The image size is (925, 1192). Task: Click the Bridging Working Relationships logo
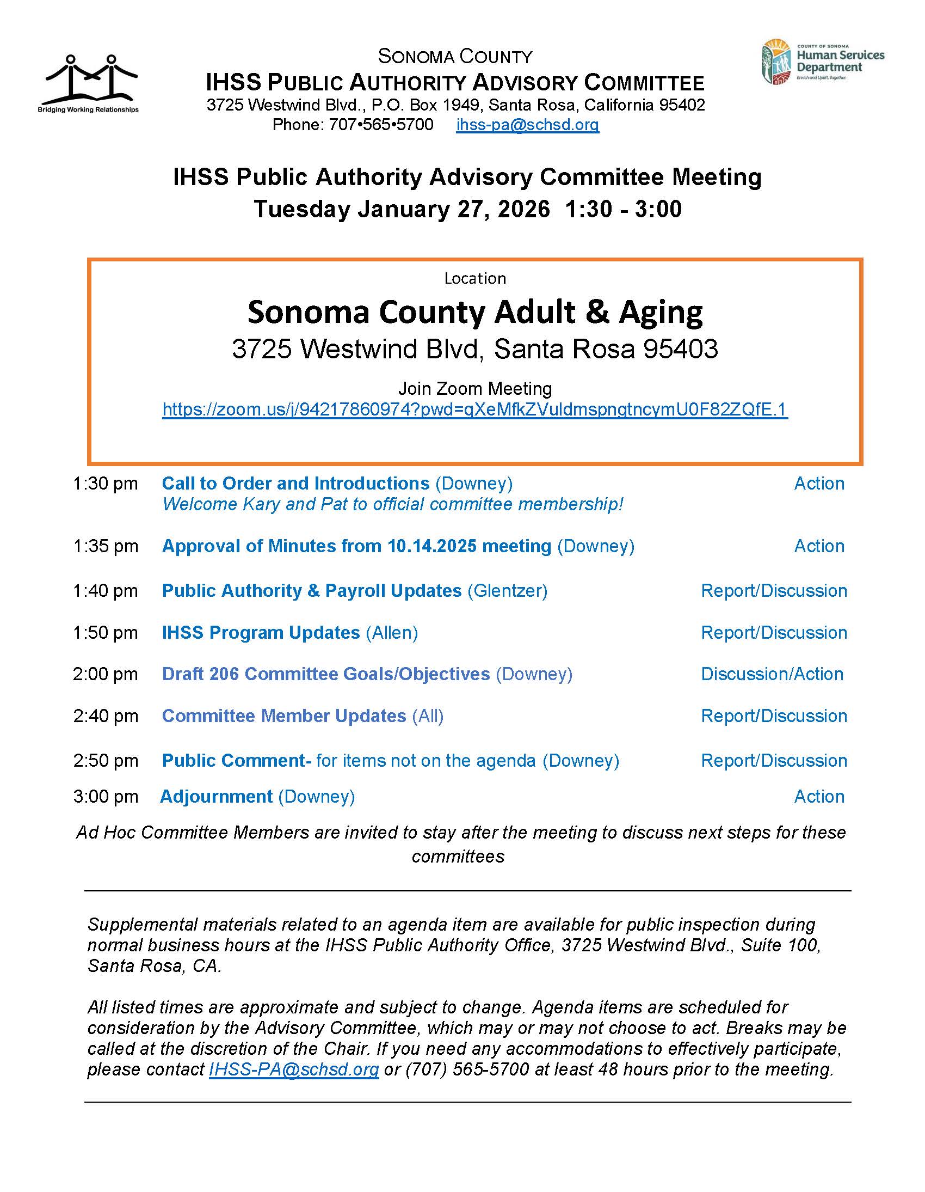pos(88,83)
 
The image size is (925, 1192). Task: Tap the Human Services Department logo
pos(823,62)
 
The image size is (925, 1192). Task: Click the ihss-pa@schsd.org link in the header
pos(527,125)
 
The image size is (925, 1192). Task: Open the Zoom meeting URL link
pos(474,409)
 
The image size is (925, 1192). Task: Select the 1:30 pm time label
pos(105,484)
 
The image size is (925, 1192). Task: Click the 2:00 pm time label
pos(105,674)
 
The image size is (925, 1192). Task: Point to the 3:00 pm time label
pos(105,796)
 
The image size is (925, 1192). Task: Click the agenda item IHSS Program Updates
pos(261,633)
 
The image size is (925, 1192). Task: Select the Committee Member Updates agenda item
pos(283,716)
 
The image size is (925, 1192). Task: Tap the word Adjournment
pos(216,796)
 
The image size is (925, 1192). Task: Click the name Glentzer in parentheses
pos(507,590)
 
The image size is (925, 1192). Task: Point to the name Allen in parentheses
pos(392,633)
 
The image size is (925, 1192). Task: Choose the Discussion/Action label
pos(772,674)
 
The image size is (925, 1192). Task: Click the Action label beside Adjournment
pos(819,796)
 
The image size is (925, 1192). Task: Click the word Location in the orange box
pos(474,278)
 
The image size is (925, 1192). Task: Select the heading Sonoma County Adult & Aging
pos(474,313)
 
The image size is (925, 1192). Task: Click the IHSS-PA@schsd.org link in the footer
pos(293,1069)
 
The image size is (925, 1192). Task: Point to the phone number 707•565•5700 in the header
pos(381,125)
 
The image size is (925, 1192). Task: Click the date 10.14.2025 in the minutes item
pos(432,546)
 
